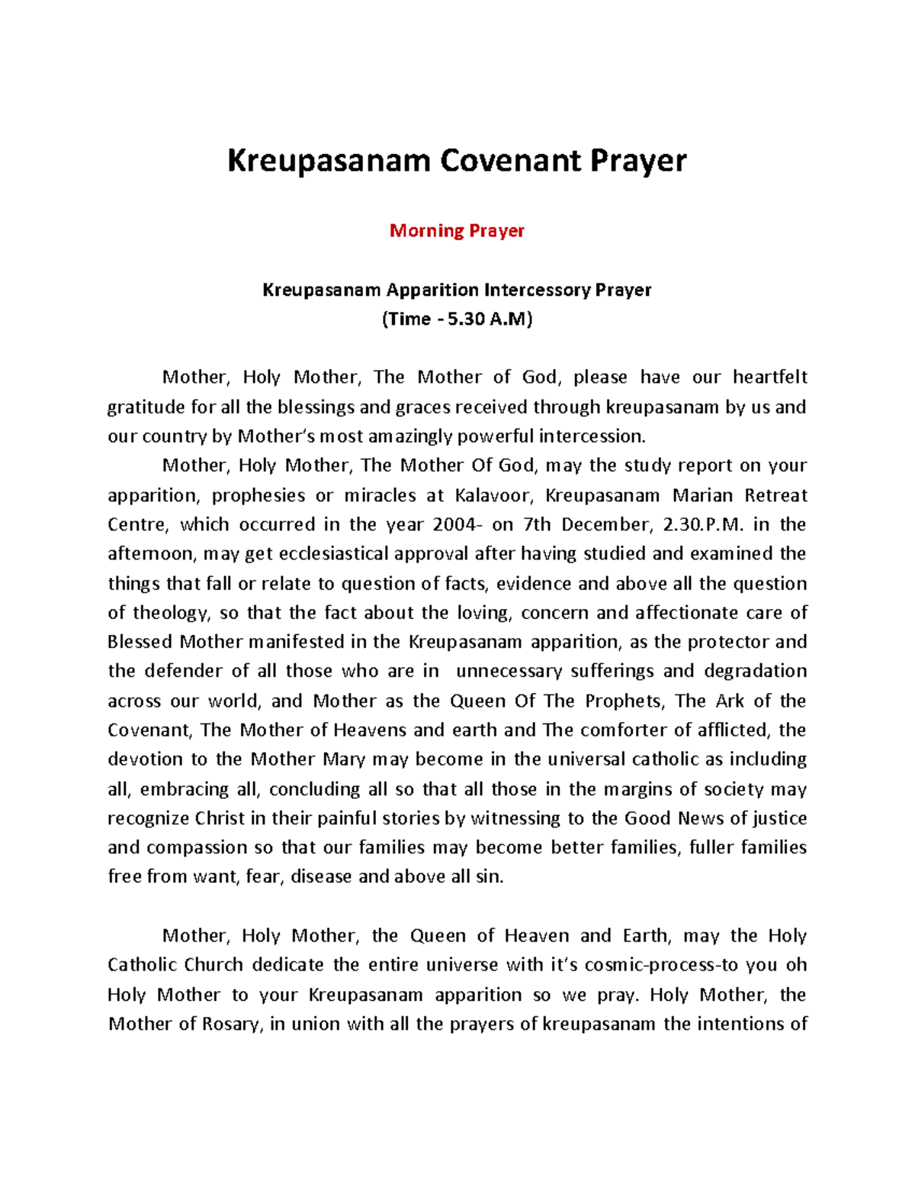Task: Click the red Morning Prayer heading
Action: tap(457, 230)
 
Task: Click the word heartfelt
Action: tap(769, 377)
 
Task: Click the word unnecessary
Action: tap(509, 671)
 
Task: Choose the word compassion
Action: tap(197, 847)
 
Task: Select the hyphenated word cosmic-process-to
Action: tap(661, 965)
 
